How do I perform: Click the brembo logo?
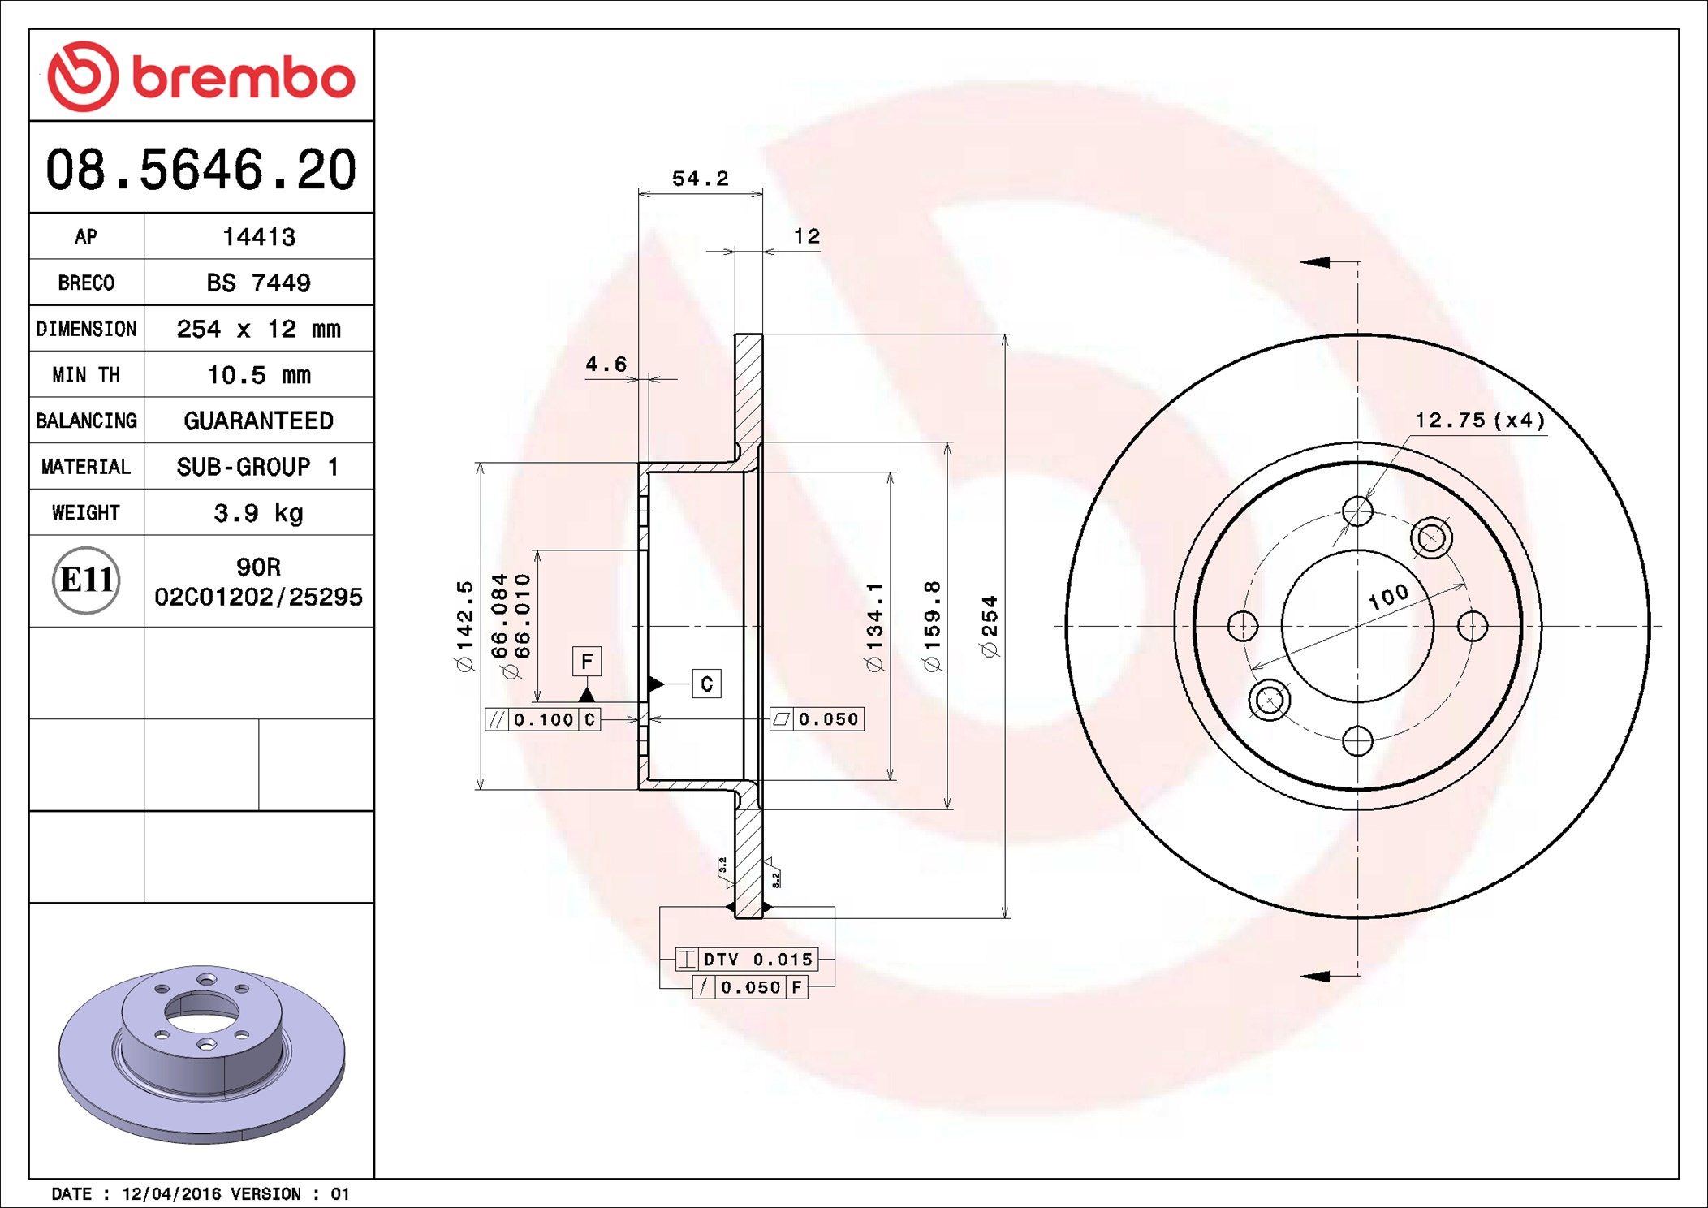[x=201, y=75]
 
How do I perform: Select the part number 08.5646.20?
[x=201, y=170]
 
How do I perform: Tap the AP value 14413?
[x=259, y=236]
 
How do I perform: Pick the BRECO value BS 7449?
[x=258, y=283]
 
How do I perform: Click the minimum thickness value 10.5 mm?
[x=259, y=374]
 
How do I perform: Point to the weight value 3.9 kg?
[x=258, y=513]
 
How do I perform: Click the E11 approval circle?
[x=86, y=580]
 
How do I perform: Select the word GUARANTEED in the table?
[x=258, y=421]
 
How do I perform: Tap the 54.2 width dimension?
[x=700, y=178]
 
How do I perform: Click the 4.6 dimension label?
[x=606, y=364]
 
